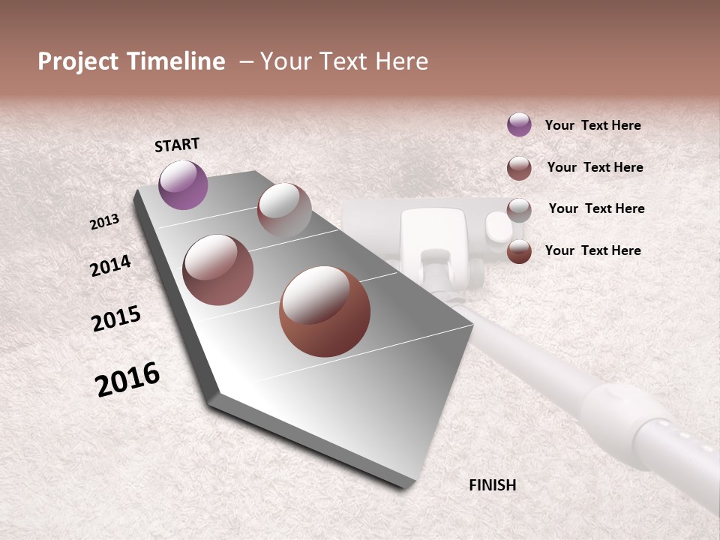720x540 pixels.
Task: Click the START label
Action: (x=177, y=145)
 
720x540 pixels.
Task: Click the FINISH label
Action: (x=492, y=485)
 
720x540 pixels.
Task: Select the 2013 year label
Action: (x=104, y=222)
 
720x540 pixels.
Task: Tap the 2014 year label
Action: (x=110, y=265)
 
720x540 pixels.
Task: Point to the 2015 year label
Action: (x=116, y=319)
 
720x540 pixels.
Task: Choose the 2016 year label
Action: (x=127, y=379)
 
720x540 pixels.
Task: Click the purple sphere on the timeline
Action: (x=183, y=184)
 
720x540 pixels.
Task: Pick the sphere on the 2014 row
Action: (x=218, y=269)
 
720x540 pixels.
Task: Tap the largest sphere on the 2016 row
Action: (x=325, y=311)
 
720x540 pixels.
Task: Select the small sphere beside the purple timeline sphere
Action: (x=283, y=210)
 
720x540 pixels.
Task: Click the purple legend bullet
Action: (x=519, y=124)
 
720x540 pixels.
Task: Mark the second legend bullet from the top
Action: (x=519, y=168)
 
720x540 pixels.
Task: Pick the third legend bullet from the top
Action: (x=519, y=209)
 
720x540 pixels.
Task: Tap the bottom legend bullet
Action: (x=519, y=251)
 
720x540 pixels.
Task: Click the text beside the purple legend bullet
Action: (x=592, y=125)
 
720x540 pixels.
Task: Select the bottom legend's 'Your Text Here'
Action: (x=592, y=250)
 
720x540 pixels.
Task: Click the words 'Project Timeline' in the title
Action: (x=131, y=61)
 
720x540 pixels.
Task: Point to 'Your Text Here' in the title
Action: (x=344, y=61)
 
